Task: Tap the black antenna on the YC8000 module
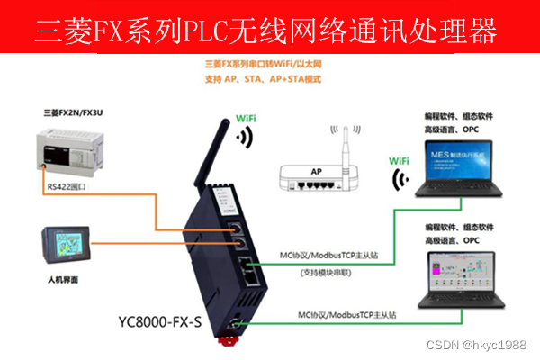click(x=218, y=157)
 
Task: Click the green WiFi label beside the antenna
click(x=249, y=118)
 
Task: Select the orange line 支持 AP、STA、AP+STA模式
click(x=263, y=80)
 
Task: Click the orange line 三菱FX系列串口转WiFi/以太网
click(x=263, y=65)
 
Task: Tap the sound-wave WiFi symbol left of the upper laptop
click(x=400, y=181)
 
